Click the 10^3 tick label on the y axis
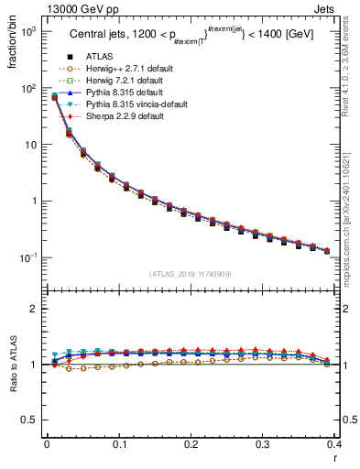[x=27, y=32]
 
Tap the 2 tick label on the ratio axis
[x=34, y=309]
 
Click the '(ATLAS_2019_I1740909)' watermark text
[x=191, y=274]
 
